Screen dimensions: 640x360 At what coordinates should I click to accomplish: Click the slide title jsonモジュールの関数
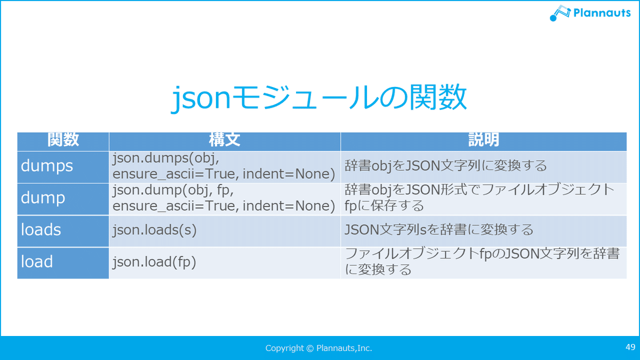coord(318,98)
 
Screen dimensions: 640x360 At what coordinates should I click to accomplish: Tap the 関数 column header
coord(63,140)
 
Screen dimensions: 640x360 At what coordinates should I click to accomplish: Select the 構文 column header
coord(225,140)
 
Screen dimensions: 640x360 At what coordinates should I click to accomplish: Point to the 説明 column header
coord(483,140)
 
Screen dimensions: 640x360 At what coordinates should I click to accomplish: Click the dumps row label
coord(47,166)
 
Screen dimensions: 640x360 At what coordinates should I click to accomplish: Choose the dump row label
coord(43,198)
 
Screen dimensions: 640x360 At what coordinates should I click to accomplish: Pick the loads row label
coord(41,230)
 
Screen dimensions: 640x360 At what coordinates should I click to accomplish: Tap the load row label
coord(37,262)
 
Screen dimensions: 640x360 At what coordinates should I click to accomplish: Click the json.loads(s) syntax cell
coord(155,230)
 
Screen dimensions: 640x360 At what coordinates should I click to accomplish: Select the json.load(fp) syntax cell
coord(154,262)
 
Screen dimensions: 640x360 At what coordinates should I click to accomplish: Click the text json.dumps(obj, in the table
coord(166,158)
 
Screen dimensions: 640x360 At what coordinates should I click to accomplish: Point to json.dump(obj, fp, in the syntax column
coord(173,190)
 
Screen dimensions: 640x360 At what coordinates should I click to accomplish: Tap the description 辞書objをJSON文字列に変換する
coord(446,166)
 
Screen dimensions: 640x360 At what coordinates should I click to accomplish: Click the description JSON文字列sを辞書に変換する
coord(439,230)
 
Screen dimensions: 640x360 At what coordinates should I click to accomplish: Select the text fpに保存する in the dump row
coord(385,206)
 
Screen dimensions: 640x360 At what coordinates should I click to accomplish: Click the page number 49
coord(630,347)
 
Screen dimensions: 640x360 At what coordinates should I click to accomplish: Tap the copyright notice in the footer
coord(318,348)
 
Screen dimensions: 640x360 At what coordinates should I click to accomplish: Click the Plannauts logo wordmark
coord(602,13)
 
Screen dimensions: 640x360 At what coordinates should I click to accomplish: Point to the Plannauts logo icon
coord(560,13)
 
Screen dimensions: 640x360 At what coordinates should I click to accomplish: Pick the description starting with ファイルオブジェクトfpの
coord(482,262)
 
